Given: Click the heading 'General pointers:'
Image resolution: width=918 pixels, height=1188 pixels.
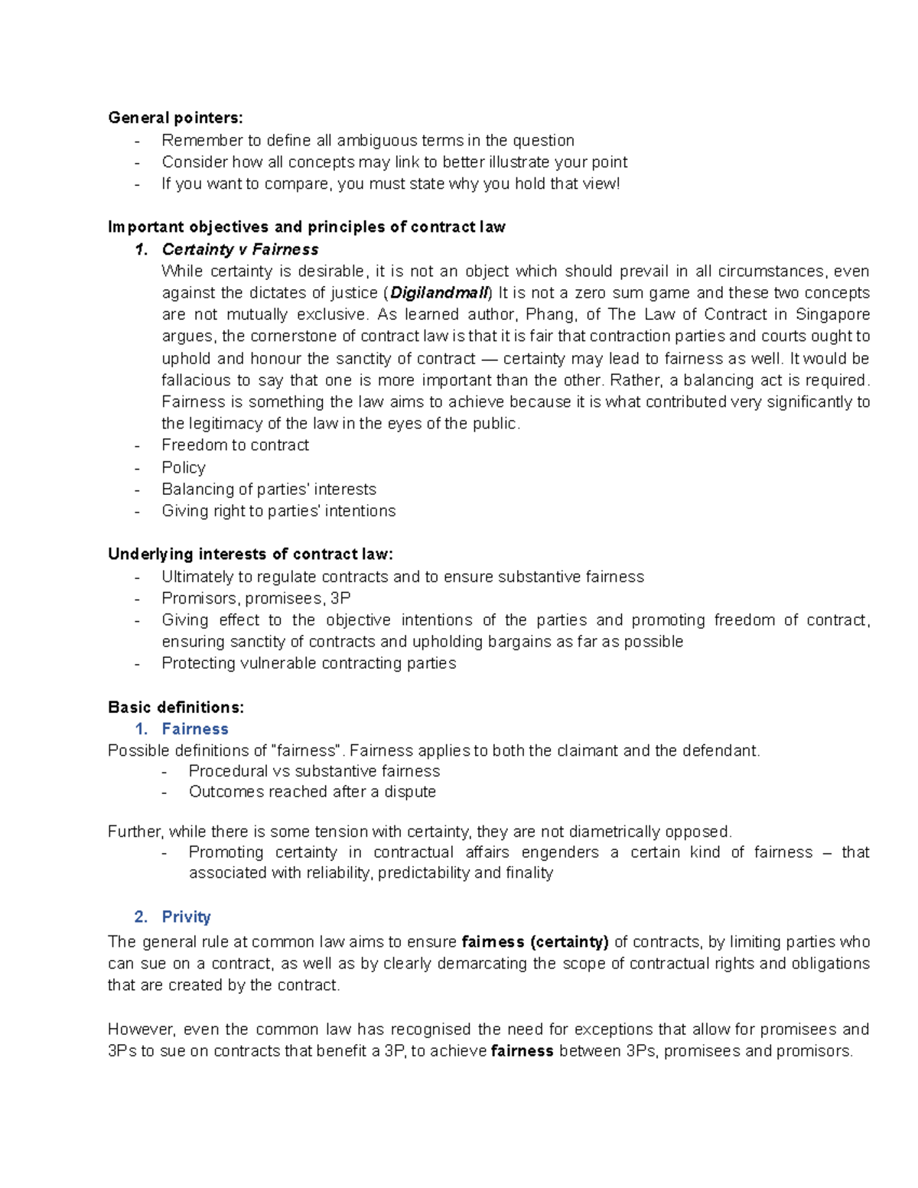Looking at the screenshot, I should coord(175,118).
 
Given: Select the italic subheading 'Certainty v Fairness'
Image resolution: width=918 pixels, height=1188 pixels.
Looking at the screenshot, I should coord(240,249).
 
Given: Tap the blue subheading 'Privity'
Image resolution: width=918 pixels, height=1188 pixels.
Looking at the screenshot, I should coord(186,916).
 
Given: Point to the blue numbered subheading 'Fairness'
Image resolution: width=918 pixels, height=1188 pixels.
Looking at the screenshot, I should coord(195,729).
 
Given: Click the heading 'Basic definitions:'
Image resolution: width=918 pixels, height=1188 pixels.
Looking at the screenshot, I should coord(176,707).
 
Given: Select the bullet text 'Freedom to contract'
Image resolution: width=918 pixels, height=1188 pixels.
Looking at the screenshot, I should coord(235,445).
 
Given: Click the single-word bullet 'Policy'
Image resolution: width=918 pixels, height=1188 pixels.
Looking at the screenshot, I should coord(184,467).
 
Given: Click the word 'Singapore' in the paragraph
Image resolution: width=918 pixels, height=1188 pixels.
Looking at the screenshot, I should coord(832,314).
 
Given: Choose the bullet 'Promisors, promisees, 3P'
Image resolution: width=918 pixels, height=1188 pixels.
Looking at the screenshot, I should coord(256,598).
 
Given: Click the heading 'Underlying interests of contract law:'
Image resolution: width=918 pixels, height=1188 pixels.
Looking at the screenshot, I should coord(250,554).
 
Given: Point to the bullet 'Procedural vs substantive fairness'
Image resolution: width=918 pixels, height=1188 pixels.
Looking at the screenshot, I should coord(314,771).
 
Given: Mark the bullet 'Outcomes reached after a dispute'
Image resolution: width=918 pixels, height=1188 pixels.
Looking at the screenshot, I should coord(312,792).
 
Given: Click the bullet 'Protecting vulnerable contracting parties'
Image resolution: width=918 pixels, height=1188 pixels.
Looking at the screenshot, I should coord(308,663).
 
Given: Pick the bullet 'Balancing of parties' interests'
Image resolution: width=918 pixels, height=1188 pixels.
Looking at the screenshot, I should coord(269,490).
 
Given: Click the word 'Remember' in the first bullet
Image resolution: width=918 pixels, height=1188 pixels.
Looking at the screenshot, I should coord(197,141).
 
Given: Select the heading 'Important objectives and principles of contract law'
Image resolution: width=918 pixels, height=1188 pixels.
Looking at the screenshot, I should coord(307,227).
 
